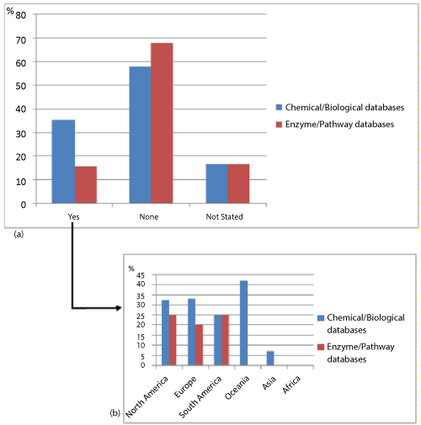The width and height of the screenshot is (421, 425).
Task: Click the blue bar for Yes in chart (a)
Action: click(63, 162)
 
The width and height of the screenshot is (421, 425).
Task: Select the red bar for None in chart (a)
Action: click(162, 123)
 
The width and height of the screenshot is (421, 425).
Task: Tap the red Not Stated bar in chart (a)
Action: click(238, 183)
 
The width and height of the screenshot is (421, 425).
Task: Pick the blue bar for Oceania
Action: click(244, 322)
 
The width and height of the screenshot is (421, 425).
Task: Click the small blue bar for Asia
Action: click(270, 358)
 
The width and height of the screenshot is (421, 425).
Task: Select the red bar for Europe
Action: click(199, 345)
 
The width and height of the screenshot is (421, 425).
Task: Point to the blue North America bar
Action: click(165, 332)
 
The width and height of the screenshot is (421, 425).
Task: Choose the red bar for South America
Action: click(226, 340)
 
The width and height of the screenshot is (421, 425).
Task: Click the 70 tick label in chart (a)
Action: click(21, 40)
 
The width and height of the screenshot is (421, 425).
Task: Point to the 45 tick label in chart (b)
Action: click(141, 275)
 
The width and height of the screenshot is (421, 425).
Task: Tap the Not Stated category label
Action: click(224, 216)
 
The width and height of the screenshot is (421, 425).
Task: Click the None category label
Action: click(149, 216)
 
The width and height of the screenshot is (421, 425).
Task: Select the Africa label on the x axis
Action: click(291, 384)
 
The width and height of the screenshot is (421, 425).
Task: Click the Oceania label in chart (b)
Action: click(237, 387)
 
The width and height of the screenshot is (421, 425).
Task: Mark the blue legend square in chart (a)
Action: click(279, 107)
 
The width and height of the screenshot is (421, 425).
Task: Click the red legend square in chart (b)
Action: click(321, 347)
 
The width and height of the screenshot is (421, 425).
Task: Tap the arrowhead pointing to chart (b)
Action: click(119, 308)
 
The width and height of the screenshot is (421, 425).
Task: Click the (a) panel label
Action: click(19, 234)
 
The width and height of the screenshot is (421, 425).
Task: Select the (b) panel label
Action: click(115, 413)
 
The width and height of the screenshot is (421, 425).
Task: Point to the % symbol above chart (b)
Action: click(131, 268)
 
